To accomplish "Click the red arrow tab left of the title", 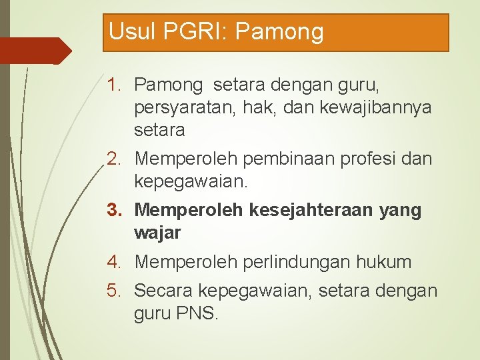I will [x=33, y=51].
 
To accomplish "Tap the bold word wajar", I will [x=157, y=233].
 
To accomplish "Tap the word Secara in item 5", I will [x=163, y=291].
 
